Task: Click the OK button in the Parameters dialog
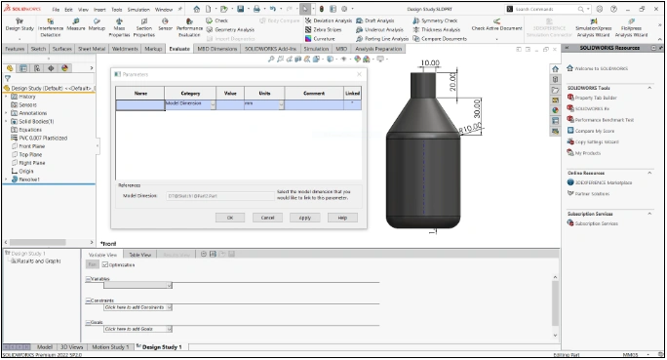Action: pos(230,218)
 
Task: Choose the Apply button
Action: pos(304,218)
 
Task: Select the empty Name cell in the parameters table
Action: pos(140,103)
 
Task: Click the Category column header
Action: pos(190,93)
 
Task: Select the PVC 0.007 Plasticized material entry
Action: pos(43,138)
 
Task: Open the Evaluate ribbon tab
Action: pos(179,48)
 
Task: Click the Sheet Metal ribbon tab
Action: pos(92,48)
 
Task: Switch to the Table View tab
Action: pos(140,255)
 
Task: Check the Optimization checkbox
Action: pos(105,264)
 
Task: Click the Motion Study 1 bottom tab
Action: pos(110,346)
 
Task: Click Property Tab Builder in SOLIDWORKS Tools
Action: pos(597,98)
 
